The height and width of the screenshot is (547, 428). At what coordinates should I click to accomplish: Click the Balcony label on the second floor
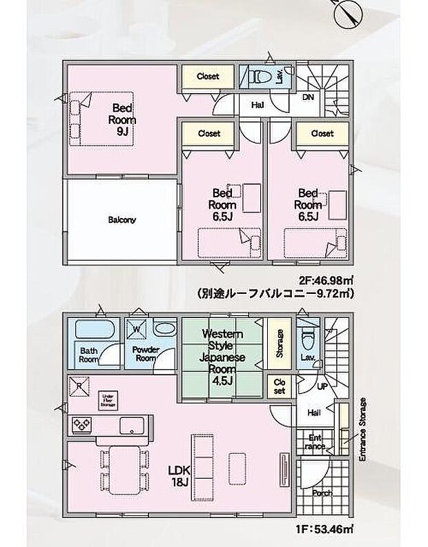[x=121, y=221]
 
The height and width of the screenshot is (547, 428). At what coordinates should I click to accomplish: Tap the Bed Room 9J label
[x=122, y=119]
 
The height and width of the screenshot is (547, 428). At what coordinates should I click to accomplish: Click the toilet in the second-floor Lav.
[x=255, y=77]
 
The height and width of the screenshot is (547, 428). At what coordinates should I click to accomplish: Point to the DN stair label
[x=308, y=97]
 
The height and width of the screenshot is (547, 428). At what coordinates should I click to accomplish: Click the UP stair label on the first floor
[x=322, y=388]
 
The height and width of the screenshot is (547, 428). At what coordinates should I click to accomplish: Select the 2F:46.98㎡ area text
[x=327, y=281]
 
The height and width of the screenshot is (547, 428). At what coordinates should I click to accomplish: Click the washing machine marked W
[x=137, y=329]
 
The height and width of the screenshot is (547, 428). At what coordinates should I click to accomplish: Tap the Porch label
[x=322, y=493]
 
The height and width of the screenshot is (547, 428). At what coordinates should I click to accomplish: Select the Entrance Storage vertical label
[x=362, y=428]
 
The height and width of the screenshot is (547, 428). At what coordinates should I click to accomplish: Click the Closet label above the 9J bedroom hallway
[x=208, y=77]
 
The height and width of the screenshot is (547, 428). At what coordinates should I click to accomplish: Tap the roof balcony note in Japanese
[x=275, y=293]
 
